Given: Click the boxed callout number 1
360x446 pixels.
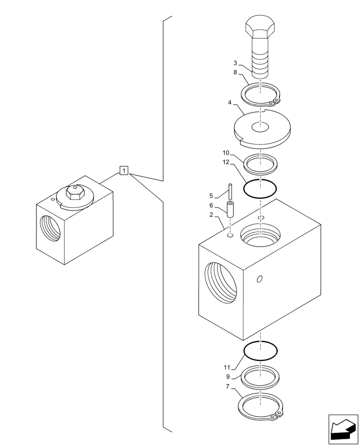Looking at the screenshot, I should pos(124,170).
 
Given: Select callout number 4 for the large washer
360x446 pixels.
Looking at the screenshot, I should pos(229,103).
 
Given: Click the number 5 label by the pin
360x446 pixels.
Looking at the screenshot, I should pos(212,195).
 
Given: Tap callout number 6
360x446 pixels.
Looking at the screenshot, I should pos(212,206).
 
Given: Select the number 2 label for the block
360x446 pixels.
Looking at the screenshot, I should pos(212,215).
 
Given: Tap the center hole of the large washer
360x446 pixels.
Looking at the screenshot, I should pos(261,128).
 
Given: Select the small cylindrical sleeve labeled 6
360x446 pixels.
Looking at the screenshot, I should pos(230,209).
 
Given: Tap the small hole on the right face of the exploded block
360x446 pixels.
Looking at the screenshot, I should pos(260,279).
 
